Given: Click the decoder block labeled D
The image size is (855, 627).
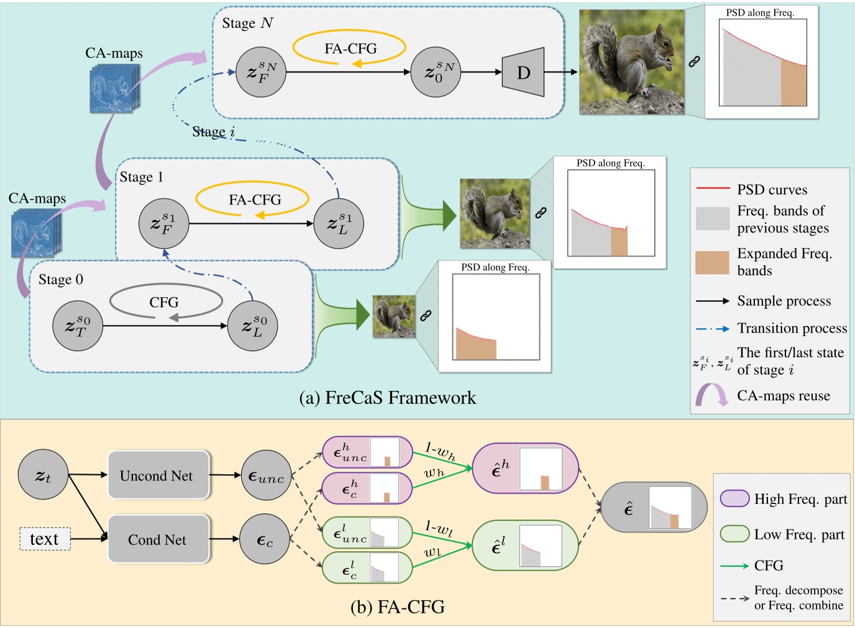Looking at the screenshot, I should point(523,72).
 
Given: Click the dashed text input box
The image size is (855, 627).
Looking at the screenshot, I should point(44,539).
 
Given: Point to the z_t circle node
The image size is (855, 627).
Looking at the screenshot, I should point(43,475).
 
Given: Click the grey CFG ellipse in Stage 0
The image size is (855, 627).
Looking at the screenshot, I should point(166,302).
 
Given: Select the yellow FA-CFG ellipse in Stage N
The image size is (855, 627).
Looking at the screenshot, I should point(349,48).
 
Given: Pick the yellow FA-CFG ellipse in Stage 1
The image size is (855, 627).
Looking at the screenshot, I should point(253,199).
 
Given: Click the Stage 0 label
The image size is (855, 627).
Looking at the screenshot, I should point(61,280).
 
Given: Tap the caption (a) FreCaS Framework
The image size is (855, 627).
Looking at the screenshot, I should point(388,398).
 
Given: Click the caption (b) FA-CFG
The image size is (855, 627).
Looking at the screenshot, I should point(398,606).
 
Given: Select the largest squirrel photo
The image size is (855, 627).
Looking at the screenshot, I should point(631,62).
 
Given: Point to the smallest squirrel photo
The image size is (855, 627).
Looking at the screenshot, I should point(394,316).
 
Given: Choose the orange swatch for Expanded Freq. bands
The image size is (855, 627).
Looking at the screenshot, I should point(712,262).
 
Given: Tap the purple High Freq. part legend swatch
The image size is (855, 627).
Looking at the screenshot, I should point(734,498).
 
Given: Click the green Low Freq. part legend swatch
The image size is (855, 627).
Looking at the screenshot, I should point(734,534).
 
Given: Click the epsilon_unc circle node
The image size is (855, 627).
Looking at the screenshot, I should point(266,476).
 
